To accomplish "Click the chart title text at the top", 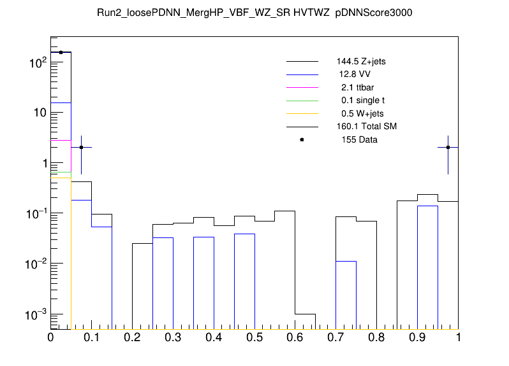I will [254, 13].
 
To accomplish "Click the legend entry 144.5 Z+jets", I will [361, 62].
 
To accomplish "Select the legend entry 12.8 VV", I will [355, 74].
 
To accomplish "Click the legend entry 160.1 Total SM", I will [366, 127].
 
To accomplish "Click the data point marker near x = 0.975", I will [448, 147].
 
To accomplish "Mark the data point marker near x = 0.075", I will [81, 147].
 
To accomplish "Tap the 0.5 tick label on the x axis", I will [255, 337].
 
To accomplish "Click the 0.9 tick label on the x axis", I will [417, 337].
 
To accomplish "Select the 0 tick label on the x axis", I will [51, 337].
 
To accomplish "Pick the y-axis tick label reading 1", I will [40, 163].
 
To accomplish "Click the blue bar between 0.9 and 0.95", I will [427, 267].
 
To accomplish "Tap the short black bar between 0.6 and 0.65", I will [305, 321].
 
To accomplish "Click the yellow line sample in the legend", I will [302, 113].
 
